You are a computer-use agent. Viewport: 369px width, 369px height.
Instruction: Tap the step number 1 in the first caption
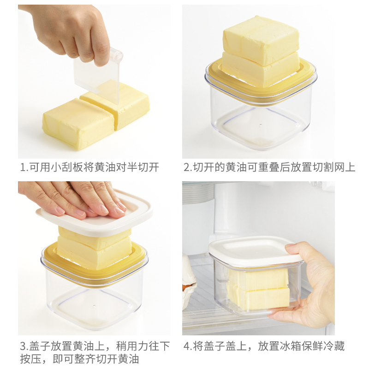coord(23,167)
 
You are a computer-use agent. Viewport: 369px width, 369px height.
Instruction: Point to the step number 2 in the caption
coord(187,167)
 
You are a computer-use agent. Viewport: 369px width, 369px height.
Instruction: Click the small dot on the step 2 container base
coord(260,124)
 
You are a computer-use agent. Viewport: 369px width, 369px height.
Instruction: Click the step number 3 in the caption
coord(23,346)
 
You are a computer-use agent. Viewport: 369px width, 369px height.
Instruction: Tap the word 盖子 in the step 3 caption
coord(40,346)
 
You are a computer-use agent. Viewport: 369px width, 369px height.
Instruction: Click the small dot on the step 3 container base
coord(94,306)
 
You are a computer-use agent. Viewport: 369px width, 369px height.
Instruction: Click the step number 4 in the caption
coord(187,346)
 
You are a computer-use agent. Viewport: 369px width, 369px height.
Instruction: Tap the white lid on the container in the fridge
coord(254,252)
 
